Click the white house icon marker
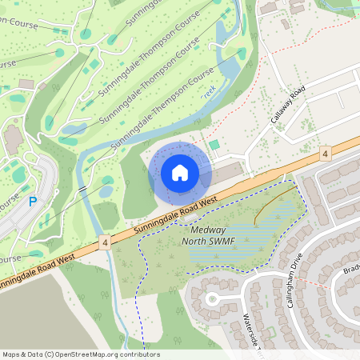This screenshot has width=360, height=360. pyautogui.click(x=180, y=173)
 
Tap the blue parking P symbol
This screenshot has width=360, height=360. pyautogui.click(x=32, y=202)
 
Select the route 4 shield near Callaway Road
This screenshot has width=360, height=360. pyautogui.click(x=325, y=152)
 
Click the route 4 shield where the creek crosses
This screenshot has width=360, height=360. pyautogui.click(x=105, y=240)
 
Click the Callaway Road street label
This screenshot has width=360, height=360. pyautogui.click(x=289, y=106)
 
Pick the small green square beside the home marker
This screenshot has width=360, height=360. pyautogui.click(x=214, y=145)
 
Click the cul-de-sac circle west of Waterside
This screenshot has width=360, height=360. pyautogui.click(x=212, y=299)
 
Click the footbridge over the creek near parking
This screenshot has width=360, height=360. pyautogui.click(x=82, y=188)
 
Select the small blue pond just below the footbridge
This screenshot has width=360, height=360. pyautogui.click(x=106, y=191)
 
